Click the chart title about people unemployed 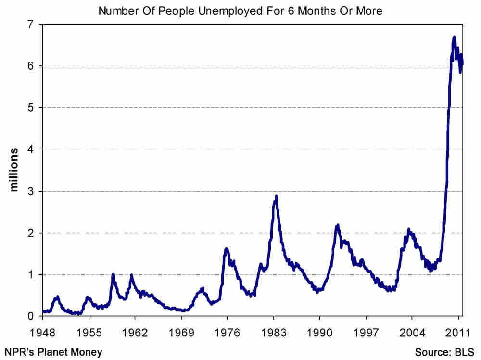click(240, 11)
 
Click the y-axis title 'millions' click(14, 170)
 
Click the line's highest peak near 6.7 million click(454, 37)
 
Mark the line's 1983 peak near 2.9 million click(276, 196)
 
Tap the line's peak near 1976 click(226, 248)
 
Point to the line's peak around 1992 click(338, 225)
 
